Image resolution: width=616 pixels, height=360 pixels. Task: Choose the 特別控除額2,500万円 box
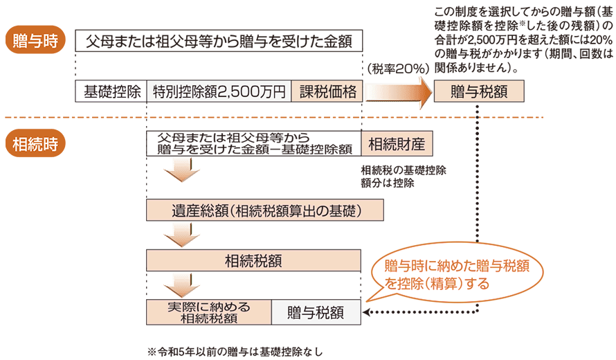tap(219, 91)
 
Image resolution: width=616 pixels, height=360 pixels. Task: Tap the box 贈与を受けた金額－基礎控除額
tap(254, 144)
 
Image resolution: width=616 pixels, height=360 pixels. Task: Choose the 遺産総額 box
tap(254, 210)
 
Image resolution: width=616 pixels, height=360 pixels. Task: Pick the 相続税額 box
tap(254, 260)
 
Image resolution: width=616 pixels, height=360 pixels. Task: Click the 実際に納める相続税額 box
tap(208, 312)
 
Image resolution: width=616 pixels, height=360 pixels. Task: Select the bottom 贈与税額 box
tap(316, 312)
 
